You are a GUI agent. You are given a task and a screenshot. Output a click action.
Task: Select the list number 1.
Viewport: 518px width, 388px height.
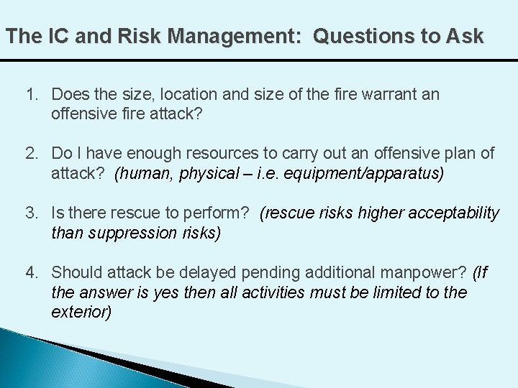click(31, 95)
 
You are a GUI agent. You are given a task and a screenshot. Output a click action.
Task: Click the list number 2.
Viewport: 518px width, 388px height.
click(31, 153)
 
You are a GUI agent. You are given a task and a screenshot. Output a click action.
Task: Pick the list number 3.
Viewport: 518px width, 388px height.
click(31, 213)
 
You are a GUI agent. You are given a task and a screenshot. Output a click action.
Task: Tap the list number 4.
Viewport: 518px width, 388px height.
click(31, 272)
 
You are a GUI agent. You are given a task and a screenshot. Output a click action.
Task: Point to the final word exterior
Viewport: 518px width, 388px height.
click(81, 313)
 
